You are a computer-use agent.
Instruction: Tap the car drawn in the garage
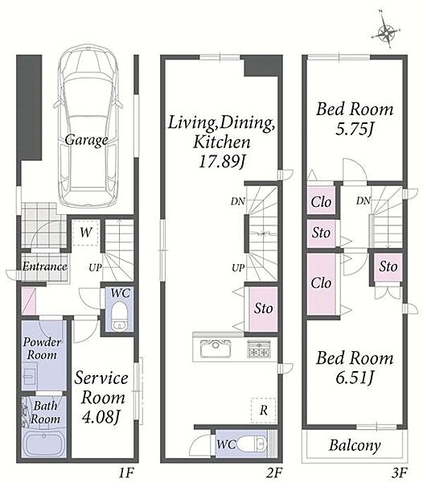click(88, 126)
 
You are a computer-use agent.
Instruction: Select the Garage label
click(86, 140)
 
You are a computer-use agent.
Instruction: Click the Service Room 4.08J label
click(101, 398)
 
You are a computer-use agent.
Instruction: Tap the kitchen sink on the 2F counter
click(216, 348)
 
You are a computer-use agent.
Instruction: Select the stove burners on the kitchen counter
click(259, 349)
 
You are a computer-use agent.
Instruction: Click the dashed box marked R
click(263, 410)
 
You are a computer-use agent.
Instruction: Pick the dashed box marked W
click(85, 233)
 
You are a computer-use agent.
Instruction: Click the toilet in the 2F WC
click(253, 444)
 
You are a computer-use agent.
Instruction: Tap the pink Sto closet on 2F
click(263, 309)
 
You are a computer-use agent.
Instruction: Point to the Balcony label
click(355, 445)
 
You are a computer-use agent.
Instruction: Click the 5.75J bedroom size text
click(355, 129)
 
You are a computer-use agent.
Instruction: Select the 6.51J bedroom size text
click(355, 378)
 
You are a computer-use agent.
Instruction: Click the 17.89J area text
click(222, 161)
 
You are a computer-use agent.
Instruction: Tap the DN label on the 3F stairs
click(363, 200)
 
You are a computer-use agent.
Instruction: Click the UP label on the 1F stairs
click(95, 268)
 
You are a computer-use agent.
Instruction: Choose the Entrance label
click(44, 266)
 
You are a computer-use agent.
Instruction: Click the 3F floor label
click(400, 472)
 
